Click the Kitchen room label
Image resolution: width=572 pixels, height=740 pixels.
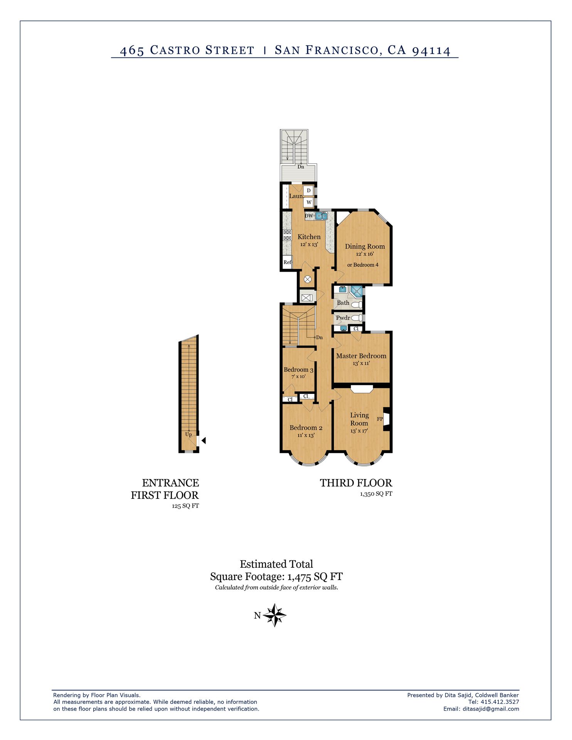click(309, 237)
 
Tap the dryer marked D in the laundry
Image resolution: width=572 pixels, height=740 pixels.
click(309, 190)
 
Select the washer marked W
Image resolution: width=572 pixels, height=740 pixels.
click(309, 202)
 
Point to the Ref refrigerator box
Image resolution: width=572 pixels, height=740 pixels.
click(287, 262)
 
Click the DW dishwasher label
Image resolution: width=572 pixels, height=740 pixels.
click(309, 216)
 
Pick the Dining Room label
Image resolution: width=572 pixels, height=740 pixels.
click(365, 246)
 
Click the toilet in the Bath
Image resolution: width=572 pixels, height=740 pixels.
click(357, 305)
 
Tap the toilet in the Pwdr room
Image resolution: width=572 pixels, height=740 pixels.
click(357, 318)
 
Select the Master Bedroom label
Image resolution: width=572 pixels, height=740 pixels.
click(361, 356)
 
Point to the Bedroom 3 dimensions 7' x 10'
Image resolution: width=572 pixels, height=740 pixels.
click(298, 377)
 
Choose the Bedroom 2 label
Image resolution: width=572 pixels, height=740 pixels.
click(306, 428)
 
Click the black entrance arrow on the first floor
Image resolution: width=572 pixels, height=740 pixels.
click(204, 440)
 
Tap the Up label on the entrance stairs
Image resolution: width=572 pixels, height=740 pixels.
click(188, 434)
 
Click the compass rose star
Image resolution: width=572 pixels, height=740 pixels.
click(274, 615)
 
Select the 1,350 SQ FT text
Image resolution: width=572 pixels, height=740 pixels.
click(376, 494)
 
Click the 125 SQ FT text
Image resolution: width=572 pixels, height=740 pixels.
click(185, 506)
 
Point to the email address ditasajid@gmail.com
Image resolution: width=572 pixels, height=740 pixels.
click(491, 709)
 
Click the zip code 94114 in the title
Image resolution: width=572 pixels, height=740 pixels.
click(431, 50)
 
